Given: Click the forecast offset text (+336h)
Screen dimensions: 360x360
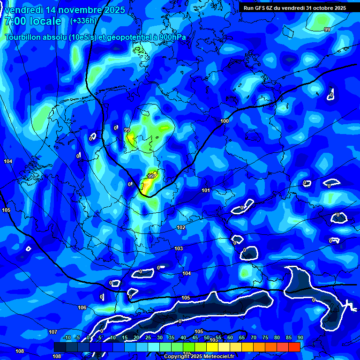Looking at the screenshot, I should [83, 21].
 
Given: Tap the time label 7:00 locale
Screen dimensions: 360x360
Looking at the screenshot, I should [33, 21].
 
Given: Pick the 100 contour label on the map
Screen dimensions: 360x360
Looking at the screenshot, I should [225, 121].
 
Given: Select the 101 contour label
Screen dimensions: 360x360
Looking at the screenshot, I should [205, 190].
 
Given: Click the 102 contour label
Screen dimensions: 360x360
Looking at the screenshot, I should [181, 227].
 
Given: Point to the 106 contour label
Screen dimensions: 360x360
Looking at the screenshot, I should [82, 307].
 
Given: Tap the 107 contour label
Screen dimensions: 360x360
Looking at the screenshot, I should [53, 332].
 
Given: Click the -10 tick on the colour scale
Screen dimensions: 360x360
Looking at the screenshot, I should [66, 338].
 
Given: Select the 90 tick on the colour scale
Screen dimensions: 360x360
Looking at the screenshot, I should [300, 338].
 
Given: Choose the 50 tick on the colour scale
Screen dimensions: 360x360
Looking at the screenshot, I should [207, 338].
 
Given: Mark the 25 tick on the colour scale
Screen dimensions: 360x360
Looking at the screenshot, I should [148, 338].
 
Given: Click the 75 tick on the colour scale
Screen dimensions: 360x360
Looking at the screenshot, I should [265, 338].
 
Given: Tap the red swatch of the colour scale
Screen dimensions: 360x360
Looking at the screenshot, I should [294, 347].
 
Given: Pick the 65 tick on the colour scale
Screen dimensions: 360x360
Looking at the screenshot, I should [242, 338].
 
